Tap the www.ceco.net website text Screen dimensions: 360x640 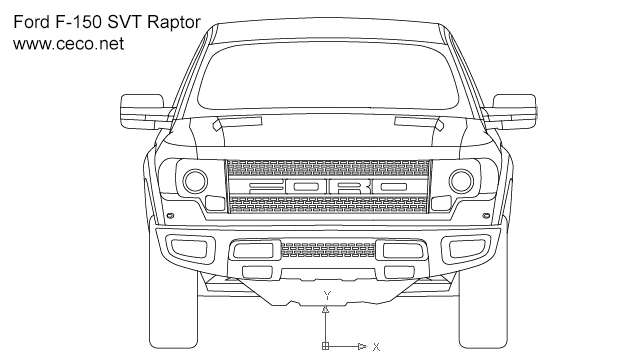click(67, 43)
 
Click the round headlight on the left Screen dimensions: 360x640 click(194, 181)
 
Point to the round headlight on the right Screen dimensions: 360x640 click(461, 181)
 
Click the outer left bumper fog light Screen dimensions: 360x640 click(186, 247)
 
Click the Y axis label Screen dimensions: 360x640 click(326, 295)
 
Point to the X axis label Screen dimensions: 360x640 click(376, 347)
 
